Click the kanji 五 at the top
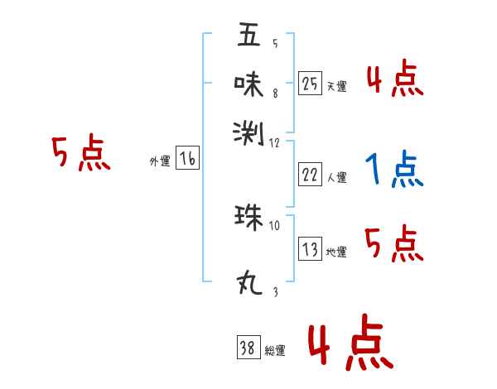[248, 35]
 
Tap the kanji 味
[248, 83]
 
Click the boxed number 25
[310, 84]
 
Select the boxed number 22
[310, 174]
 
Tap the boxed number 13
[310, 250]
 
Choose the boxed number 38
[248, 348]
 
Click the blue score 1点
[394, 171]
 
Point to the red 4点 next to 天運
[394, 79]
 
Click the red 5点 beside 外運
[80, 154]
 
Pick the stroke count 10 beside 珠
[275, 223]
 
